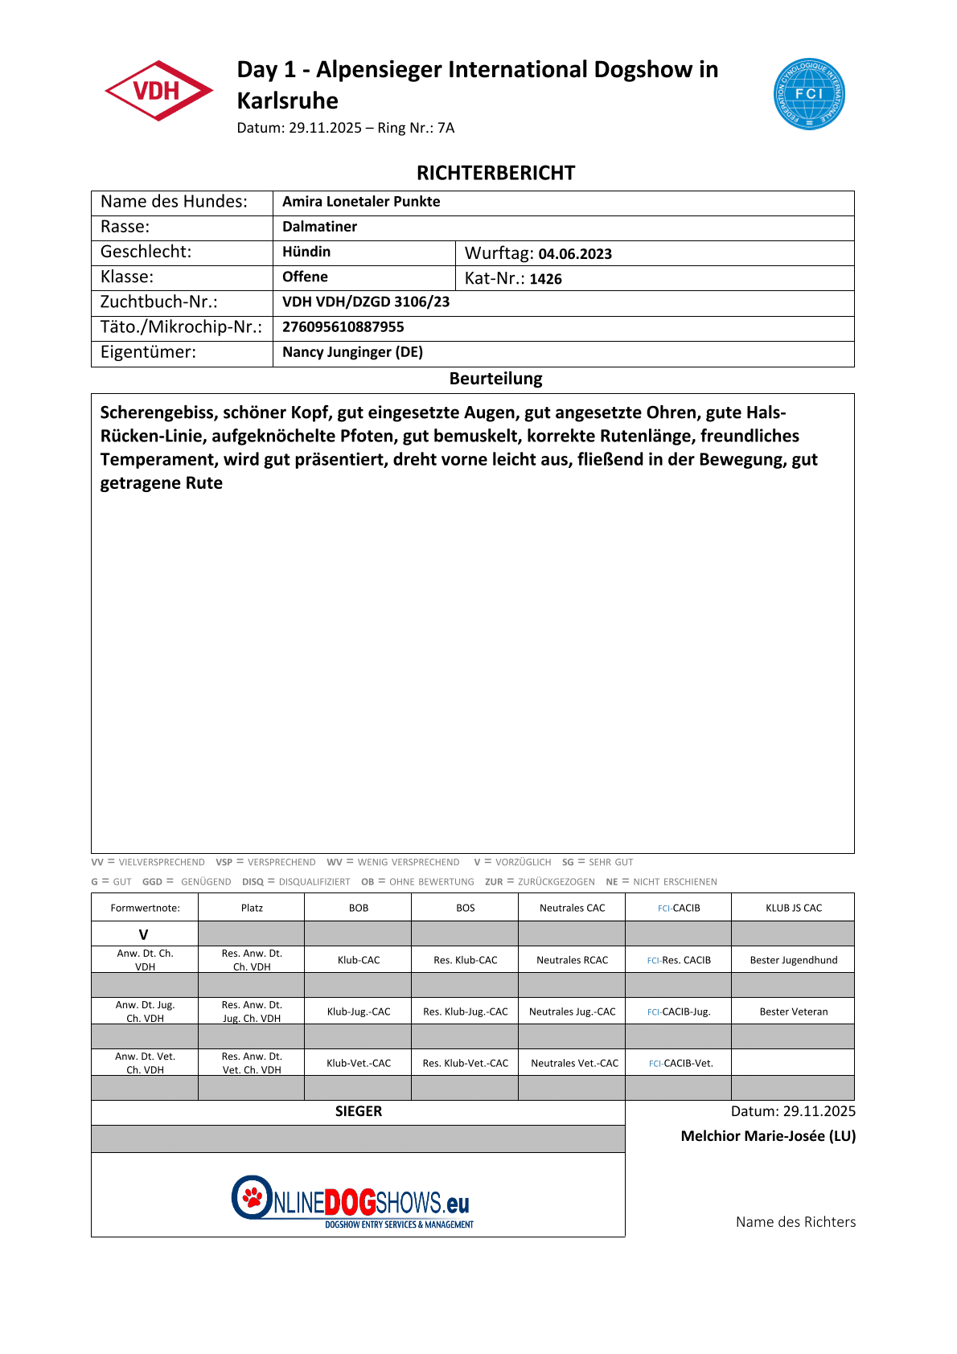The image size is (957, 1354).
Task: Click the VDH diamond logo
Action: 158,91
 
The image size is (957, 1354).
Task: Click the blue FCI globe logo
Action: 808,94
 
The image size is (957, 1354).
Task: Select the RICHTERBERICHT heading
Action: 495,173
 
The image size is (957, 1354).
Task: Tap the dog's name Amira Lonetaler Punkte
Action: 361,202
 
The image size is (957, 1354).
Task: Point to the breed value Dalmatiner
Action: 319,227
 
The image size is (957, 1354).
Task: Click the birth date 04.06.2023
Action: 575,254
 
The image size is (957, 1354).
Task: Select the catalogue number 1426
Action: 545,279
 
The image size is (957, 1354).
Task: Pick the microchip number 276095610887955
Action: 343,327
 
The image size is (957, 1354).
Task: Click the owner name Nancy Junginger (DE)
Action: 352,352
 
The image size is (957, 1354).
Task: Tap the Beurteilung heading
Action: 495,379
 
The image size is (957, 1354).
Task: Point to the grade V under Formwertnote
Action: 144,934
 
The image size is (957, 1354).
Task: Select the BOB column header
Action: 359,908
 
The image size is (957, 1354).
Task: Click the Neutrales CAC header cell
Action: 572,908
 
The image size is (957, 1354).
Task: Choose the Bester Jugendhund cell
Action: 793,960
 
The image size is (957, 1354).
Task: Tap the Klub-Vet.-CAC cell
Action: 359,1063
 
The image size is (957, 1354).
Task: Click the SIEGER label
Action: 359,1111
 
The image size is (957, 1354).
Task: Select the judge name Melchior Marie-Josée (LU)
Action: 768,1136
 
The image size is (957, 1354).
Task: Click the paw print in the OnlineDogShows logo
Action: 253,1196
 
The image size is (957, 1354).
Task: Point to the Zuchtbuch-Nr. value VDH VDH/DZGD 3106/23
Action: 366,302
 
